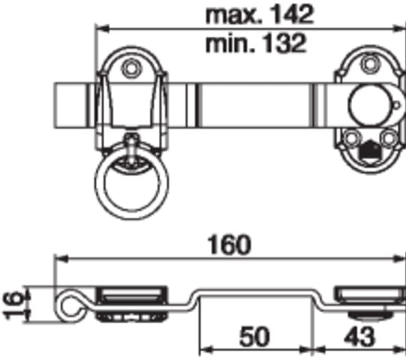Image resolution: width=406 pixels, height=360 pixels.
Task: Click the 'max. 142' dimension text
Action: (259, 14)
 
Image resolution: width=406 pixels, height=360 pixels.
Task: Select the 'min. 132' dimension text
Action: (255, 43)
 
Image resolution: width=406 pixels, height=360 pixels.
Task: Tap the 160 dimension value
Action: (229, 245)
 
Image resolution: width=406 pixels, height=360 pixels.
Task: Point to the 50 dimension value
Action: (255, 337)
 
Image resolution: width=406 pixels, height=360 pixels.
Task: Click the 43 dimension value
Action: (360, 337)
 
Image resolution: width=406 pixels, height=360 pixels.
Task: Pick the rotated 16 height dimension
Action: (13, 304)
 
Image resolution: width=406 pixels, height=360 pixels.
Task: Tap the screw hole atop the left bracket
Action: (131, 69)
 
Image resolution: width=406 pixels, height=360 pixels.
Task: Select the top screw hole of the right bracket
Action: (369, 63)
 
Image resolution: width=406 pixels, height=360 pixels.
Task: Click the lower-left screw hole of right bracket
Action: (351, 139)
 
